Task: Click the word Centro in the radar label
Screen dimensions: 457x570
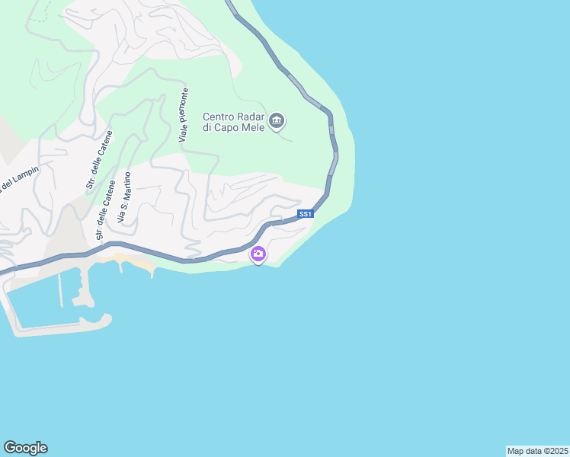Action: [x=219, y=117]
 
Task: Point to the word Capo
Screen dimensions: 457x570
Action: [x=232, y=128]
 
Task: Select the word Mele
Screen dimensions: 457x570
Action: [x=255, y=128]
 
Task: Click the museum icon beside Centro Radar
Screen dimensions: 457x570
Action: [x=277, y=120]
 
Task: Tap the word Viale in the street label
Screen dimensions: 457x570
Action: [x=183, y=134]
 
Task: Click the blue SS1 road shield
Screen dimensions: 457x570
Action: [x=306, y=214]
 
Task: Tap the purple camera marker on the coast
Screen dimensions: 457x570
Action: [x=258, y=254]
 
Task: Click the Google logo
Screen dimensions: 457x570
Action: [x=25, y=448]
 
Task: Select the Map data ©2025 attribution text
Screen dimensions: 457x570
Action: [x=538, y=451]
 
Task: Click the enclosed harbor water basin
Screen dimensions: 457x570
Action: [x=38, y=305]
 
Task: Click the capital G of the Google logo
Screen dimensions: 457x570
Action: [x=10, y=447]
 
